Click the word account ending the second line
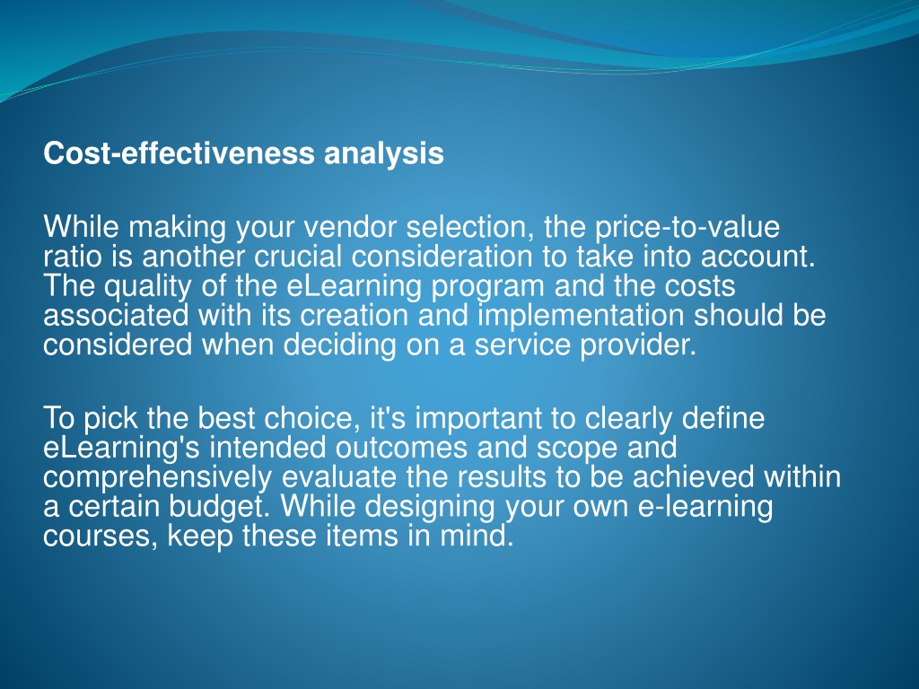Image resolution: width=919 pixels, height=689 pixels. click(756, 257)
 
